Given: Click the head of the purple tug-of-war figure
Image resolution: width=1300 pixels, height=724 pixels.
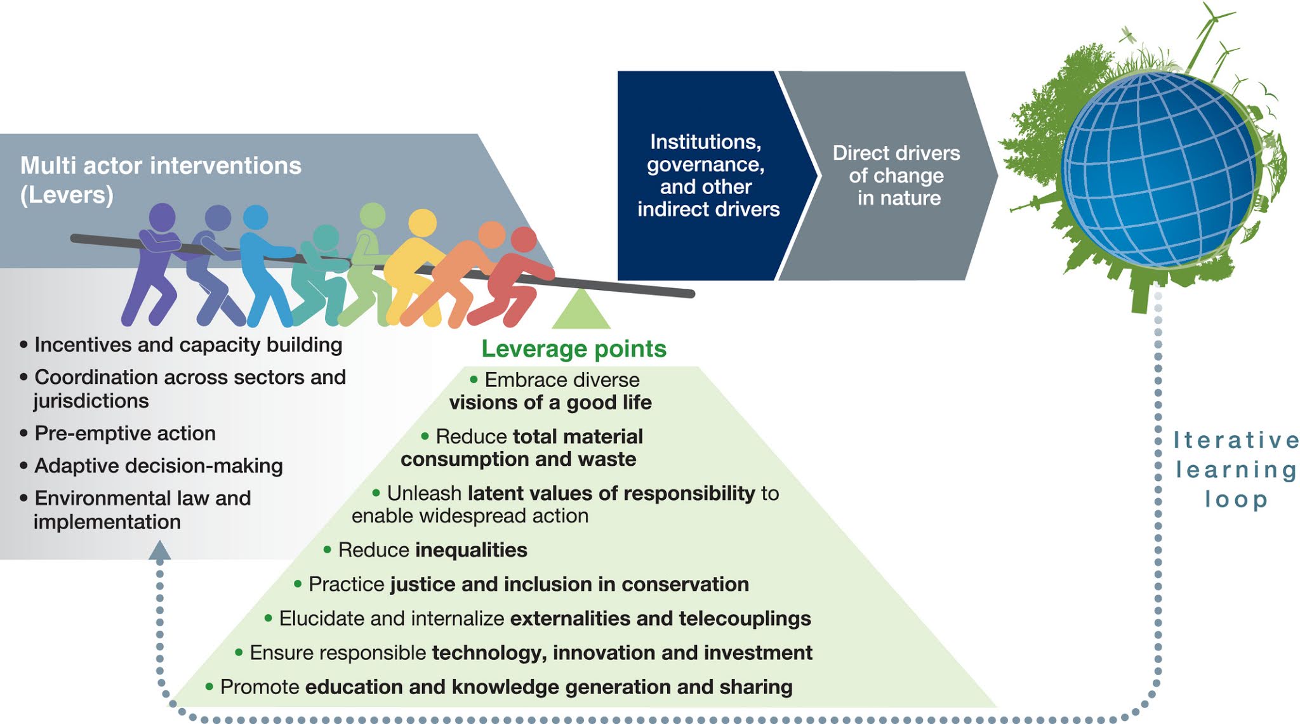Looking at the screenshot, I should point(162,217).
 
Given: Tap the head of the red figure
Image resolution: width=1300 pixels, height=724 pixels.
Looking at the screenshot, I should point(524,240).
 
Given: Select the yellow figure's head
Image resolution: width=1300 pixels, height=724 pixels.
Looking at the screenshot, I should point(422,223).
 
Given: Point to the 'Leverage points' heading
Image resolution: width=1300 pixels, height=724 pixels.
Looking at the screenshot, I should point(574,348).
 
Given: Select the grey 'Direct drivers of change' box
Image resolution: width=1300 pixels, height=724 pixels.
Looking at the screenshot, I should point(895,175).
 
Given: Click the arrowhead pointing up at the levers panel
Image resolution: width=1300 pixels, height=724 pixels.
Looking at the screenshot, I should point(159,550).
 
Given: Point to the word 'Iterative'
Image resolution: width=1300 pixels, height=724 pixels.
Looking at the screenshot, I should point(1235,440).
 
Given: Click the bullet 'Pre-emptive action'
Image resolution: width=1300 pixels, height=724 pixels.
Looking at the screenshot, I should point(125,433).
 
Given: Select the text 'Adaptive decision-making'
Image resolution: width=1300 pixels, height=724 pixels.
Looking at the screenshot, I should point(159,466).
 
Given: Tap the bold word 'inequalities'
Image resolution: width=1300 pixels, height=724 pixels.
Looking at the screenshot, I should point(471,550).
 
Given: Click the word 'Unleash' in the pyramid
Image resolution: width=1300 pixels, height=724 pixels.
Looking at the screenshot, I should point(424,493).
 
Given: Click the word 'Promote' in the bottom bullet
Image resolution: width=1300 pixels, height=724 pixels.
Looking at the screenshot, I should point(260,687).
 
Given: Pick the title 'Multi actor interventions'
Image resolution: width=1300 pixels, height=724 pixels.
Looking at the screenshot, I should point(161,166).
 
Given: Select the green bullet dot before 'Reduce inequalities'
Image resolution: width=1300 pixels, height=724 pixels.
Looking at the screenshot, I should point(328,550).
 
